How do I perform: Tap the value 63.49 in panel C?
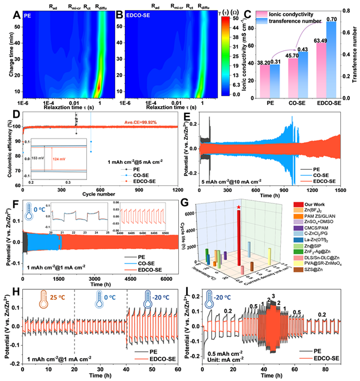(x=316, y=40)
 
